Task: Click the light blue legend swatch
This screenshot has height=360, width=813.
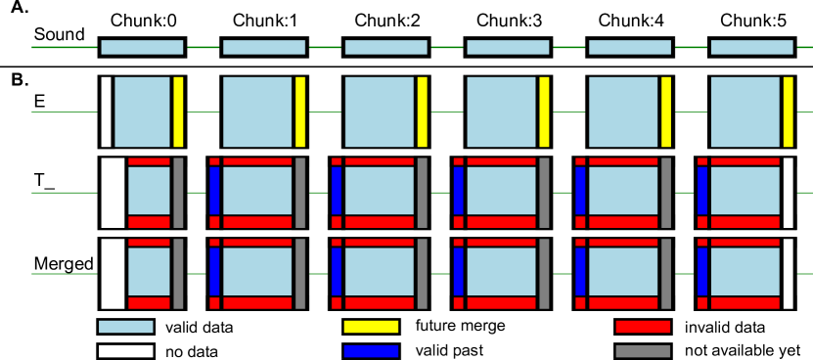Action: [x=125, y=327]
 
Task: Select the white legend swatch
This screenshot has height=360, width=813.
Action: [x=125, y=351]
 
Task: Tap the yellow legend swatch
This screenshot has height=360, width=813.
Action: [x=371, y=327]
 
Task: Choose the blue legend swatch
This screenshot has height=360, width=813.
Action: [x=371, y=351]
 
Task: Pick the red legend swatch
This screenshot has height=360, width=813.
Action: [x=643, y=327]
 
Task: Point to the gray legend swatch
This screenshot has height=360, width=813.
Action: [x=643, y=351]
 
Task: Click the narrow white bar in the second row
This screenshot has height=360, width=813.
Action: [x=106, y=112]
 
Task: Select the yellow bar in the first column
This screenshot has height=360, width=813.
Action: [x=178, y=112]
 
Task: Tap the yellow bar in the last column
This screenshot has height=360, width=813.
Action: [x=788, y=112]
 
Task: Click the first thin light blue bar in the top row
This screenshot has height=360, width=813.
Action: [x=142, y=47]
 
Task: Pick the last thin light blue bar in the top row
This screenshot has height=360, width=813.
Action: [x=751, y=47]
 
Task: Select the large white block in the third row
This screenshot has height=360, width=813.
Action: [x=113, y=193]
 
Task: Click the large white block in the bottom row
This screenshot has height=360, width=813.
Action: [x=113, y=274]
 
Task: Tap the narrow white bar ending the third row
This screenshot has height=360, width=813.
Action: [x=788, y=193]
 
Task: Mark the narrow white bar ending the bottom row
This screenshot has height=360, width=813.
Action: [x=788, y=274]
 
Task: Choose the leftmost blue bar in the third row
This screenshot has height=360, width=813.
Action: [x=214, y=191]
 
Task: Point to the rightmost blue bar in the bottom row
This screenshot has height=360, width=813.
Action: [x=702, y=272]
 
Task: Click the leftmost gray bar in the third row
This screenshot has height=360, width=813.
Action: [x=178, y=193]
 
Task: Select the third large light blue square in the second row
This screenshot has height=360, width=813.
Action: [x=379, y=112]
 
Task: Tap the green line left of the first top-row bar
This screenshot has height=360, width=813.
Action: [x=64, y=47]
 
